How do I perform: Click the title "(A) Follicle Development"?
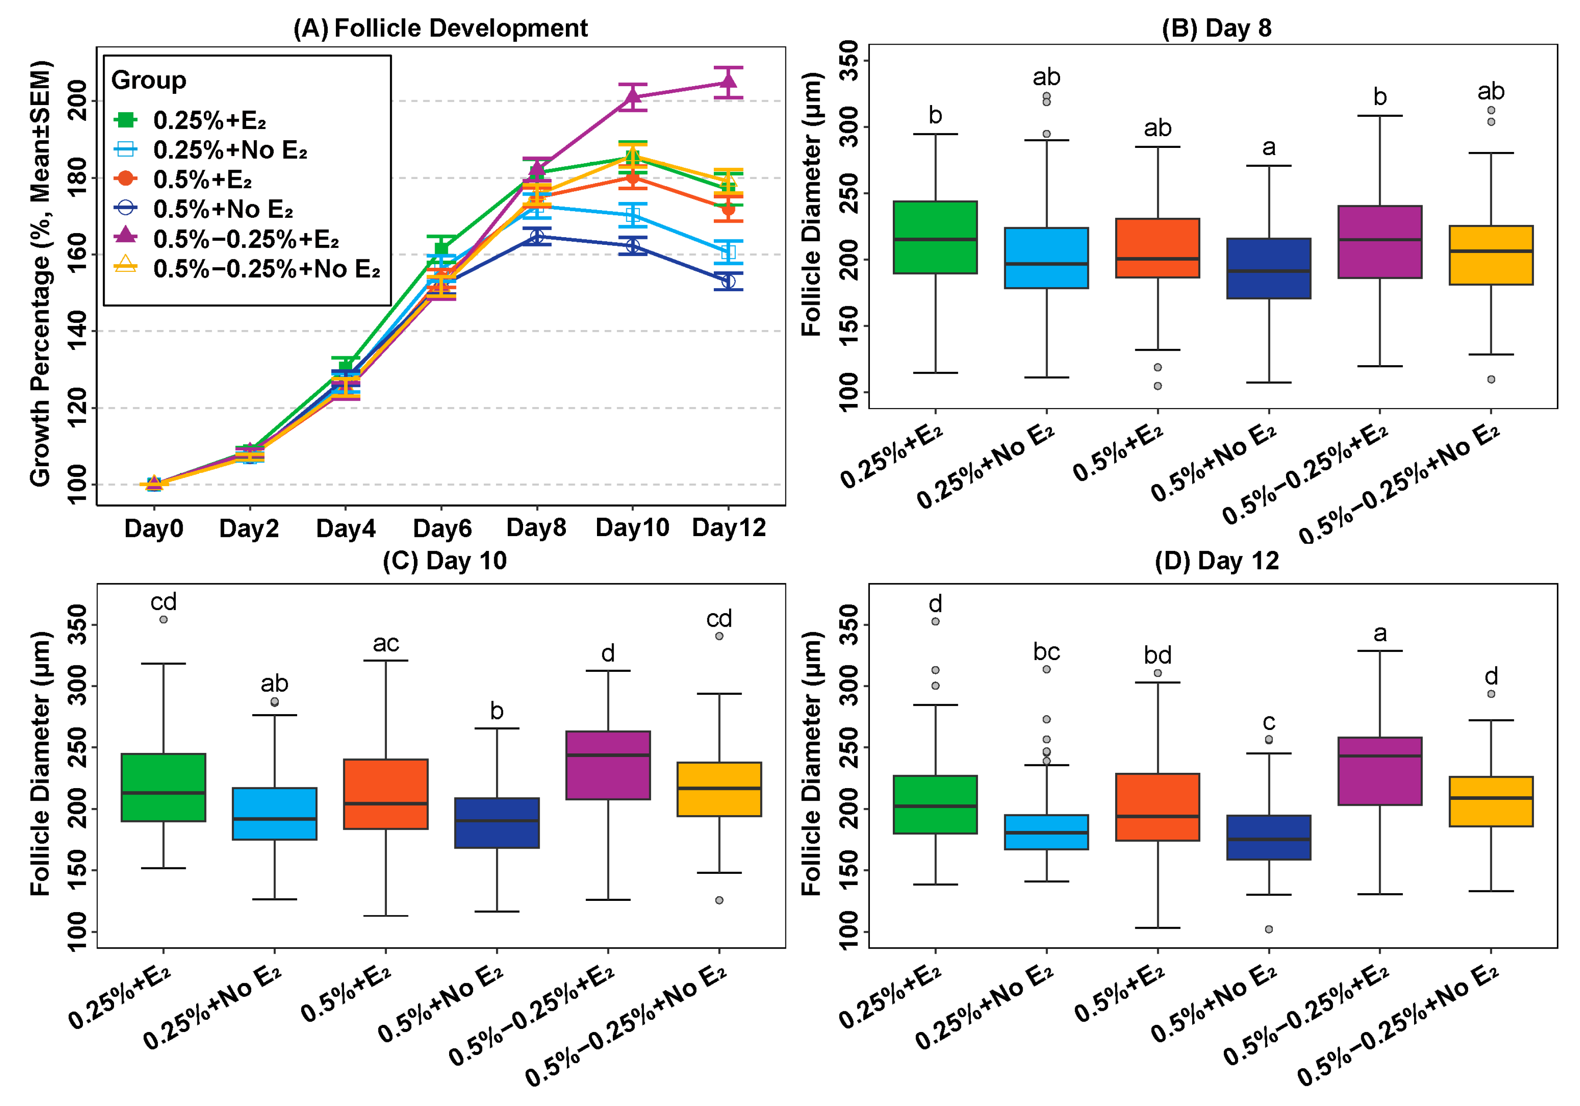pos(441,28)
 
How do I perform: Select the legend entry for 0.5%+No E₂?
pos(223,209)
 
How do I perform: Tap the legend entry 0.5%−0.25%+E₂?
pos(246,239)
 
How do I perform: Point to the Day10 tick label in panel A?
pos(632,528)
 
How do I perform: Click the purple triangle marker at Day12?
pos(728,83)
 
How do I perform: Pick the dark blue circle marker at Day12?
pos(728,281)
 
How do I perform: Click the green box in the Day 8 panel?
pos(935,238)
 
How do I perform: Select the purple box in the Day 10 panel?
pos(608,765)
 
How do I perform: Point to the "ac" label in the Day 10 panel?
pos(386,643)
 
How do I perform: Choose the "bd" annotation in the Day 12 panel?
pos(1157,655)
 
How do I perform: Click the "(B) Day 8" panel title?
pos(1216,28)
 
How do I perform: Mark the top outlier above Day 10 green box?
pos(164,620)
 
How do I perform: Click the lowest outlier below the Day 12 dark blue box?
pos(1269,929)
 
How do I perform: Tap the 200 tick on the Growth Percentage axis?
pos(77,101)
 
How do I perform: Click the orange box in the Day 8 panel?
pos(1157,248)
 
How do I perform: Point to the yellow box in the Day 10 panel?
pos(719,789)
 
